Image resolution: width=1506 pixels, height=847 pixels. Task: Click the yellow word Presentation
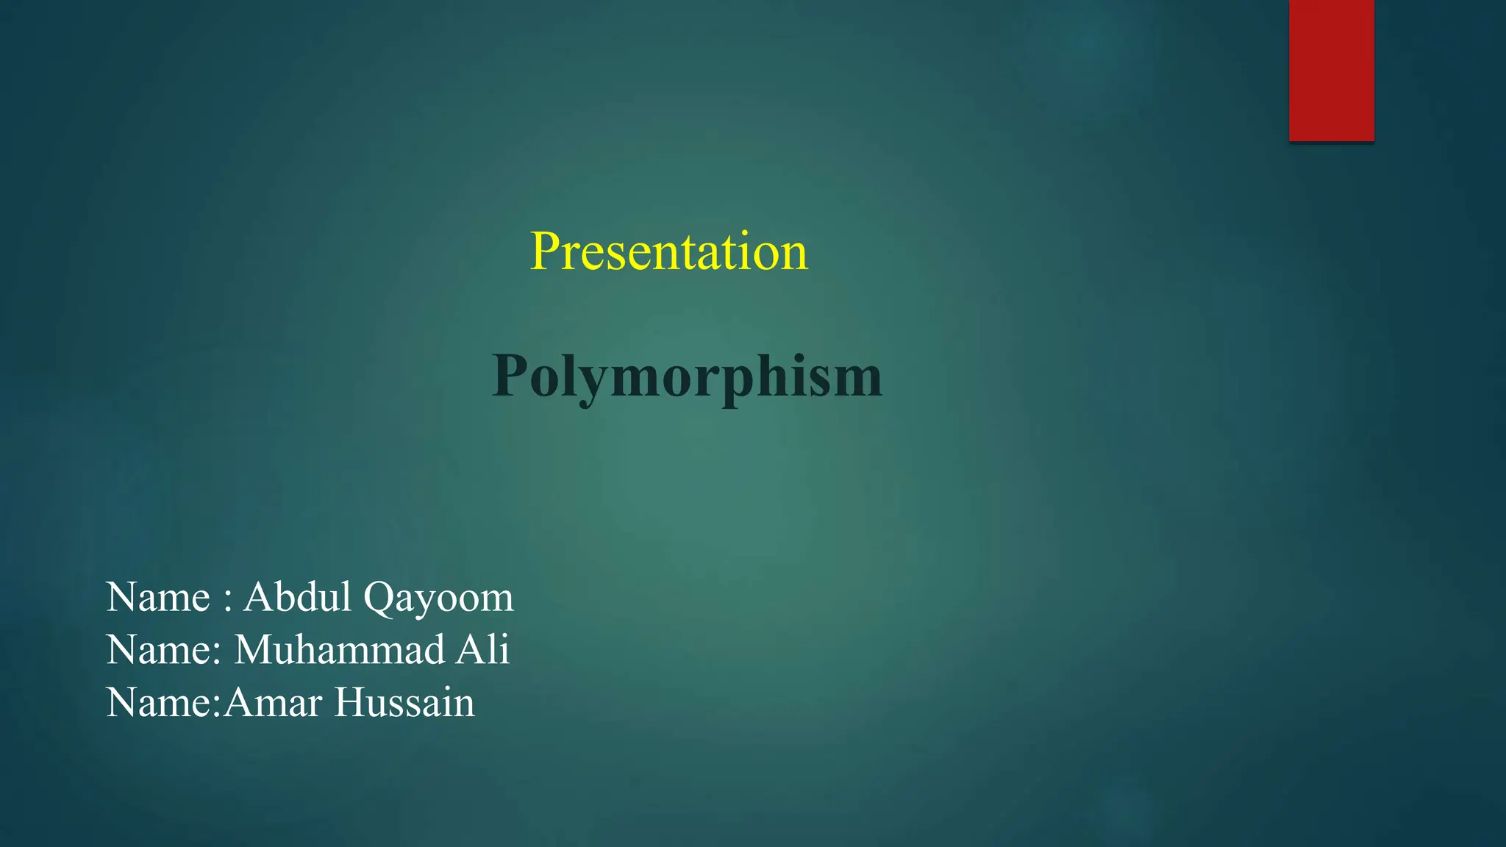(x=668, y=251)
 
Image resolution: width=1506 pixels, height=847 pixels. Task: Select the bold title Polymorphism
(x=687, y=376)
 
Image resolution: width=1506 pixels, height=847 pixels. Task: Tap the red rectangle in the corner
(x=1331, y=71)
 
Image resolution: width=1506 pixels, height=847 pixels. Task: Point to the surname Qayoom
(x=438, y=598)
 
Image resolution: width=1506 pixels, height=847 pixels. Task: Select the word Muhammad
(x=339, y=650)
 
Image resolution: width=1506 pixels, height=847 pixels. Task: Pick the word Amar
(x=273, y=703)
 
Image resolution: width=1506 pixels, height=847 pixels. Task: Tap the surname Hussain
(x=404, y=703)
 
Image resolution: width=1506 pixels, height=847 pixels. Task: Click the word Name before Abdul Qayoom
(x=158, y=596)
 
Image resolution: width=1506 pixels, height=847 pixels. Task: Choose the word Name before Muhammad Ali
(x=158, y=650)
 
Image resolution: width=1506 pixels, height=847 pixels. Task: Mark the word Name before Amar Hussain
(x=158, y=703)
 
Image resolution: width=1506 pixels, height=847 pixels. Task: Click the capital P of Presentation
(x=545, y=251)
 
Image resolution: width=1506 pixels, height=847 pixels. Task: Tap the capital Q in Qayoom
(x=379, y=598)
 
